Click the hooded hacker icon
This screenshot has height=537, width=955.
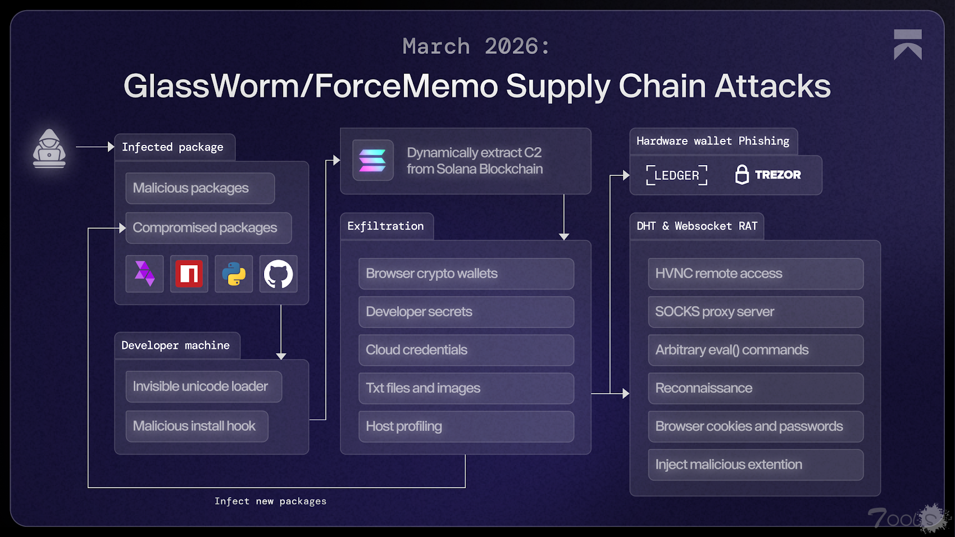click(49, 149)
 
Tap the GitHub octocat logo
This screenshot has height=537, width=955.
click(279, 274)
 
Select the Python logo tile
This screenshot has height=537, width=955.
click(234, 274)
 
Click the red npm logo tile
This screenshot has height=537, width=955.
click(189, 274)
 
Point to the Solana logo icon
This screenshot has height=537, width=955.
click(372, 161)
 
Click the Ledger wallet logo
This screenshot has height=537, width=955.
click(676, 175)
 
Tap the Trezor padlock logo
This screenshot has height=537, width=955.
click(742, 175)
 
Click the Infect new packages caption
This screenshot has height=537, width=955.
click(270, 501)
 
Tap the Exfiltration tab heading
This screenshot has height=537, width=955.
click(386, 226)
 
